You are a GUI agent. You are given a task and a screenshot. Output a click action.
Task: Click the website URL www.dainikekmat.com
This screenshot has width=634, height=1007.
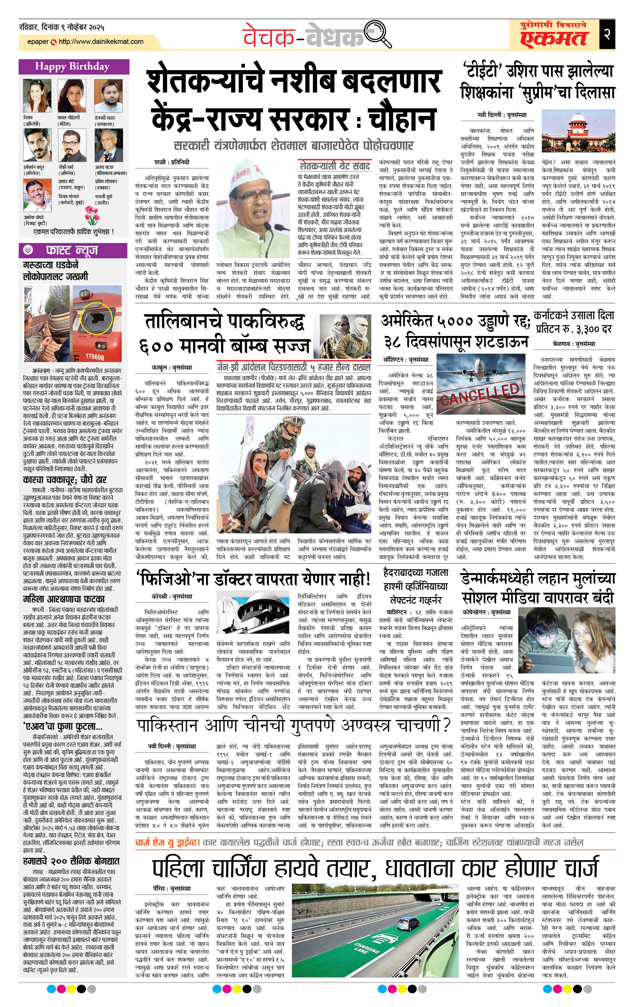point(101,42)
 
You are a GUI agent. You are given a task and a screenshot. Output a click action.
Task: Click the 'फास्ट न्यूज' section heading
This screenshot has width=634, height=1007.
point(71,250)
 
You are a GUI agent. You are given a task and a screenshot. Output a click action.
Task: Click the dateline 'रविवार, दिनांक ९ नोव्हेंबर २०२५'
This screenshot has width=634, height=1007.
point(62,27)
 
